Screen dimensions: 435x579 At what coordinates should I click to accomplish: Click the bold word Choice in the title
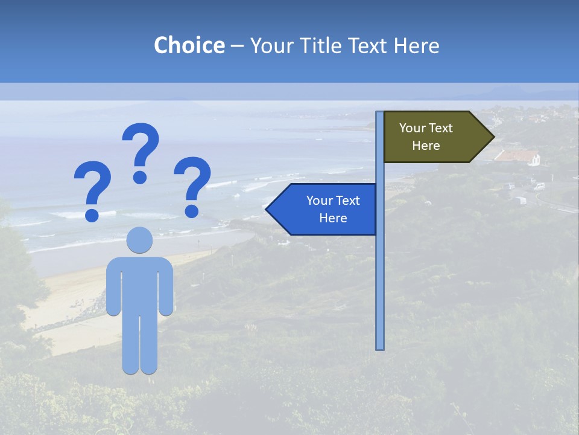[x=189, y=45]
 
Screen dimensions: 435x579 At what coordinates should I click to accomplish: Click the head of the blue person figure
[x=140, y=240]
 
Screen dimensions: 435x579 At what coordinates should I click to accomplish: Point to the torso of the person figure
[x=140, y=284]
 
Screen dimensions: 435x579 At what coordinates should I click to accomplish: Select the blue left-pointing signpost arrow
[x=326, y=209]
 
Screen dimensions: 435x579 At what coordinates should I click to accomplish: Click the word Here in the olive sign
[x=426, y=146]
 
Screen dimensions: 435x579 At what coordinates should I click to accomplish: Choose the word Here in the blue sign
[x=333, y=218]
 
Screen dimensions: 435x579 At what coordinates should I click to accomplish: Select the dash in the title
[x=237, y=46]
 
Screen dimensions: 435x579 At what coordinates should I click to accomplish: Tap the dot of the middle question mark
[x=141, y=177]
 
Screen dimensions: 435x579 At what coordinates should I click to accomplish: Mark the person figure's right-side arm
[x=166, y=287]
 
